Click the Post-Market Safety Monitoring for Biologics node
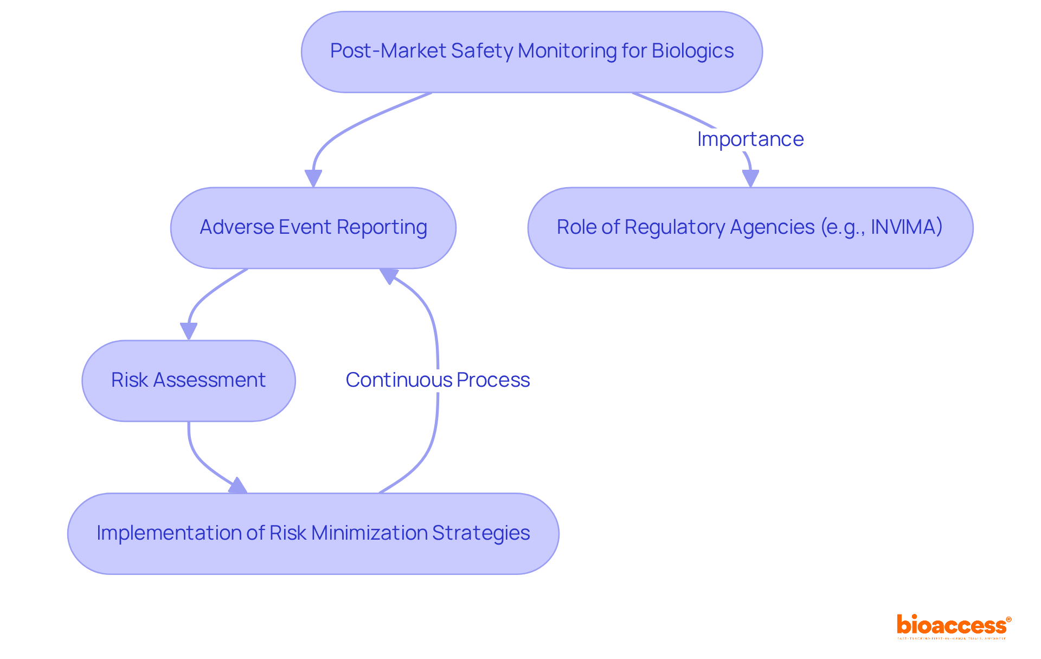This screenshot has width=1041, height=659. [531, 52]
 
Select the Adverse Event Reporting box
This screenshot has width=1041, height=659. [313, 228]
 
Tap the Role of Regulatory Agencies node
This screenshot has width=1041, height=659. [750, 228]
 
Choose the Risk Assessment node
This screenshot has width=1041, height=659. [188, 381]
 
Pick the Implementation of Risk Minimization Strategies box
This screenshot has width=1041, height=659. [313, 534]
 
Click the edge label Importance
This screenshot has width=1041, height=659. [750, 139]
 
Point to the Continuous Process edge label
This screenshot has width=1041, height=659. [438, 380]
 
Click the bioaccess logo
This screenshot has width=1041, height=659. [953, 626]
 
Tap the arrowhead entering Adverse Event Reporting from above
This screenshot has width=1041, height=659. [313, 178]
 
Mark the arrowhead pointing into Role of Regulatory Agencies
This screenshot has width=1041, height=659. [750, 178]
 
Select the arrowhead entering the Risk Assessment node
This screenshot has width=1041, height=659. [189, 331]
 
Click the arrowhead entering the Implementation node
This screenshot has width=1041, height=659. [238, 486]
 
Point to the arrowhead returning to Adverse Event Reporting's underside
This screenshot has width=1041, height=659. [389, 275]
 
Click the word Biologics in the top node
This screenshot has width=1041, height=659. [692, 51]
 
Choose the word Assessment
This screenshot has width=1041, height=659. [209, 380]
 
